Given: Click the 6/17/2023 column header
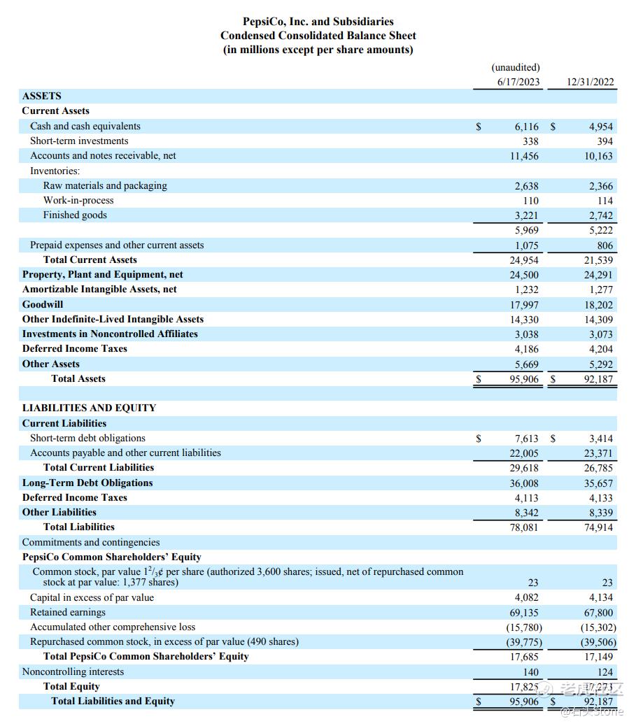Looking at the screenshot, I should coord(518,82).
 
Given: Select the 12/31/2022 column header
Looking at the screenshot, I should coord(590,82).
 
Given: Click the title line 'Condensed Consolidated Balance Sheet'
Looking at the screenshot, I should coord(318,36).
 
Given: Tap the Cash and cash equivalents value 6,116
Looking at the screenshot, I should coord(526,127).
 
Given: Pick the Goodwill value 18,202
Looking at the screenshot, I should coord(598,305).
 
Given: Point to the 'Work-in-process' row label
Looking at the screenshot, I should coord(78,201).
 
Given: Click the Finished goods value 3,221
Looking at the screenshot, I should coord(526,215).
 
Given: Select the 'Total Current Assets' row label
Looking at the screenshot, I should coord(90,260).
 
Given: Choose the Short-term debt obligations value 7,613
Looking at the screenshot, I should coord(526,439).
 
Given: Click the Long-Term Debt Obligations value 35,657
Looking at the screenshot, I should coord(598,483).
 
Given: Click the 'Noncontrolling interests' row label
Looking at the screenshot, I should coord(73,672).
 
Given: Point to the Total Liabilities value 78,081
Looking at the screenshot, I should coord(523,527).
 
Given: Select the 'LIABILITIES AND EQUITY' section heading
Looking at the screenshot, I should coord(89,408).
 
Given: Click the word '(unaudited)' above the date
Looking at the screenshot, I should coord(516,68).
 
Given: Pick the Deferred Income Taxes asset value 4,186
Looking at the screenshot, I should coord(526,349).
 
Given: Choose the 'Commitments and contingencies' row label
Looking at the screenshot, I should coord(91,543).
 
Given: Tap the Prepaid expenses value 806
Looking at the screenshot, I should coord(605,245).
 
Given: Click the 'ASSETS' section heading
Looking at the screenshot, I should coord(42,97).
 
